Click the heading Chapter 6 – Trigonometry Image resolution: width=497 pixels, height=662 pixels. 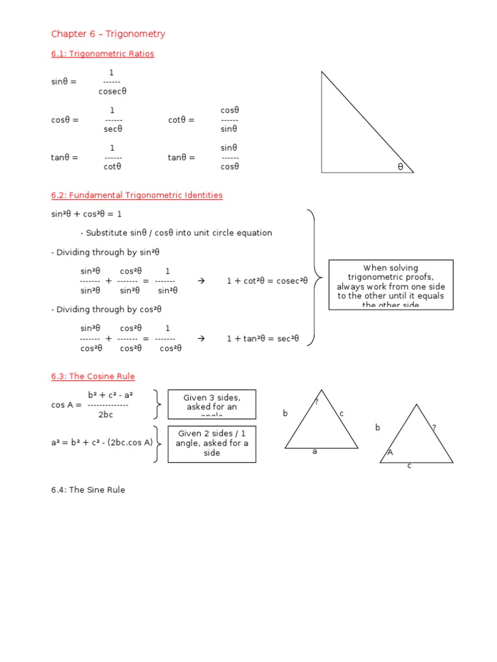tap(108, 34)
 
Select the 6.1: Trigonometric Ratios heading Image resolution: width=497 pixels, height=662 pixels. tap(102, 54)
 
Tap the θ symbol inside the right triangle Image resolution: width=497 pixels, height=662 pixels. tap(400, 167)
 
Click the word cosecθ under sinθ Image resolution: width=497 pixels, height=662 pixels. tap(113, 91)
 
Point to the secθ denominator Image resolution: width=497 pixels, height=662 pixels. tap(113, 129)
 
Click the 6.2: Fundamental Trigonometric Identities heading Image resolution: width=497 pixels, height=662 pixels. tap(137, 195)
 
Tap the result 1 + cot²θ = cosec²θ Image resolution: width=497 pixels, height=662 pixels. tap(267, 281)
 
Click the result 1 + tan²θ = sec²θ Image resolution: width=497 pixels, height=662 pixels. tap(263, 338)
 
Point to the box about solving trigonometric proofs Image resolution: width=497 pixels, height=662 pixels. tap(391, 285)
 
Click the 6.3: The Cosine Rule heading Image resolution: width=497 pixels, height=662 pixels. tap(93, 376)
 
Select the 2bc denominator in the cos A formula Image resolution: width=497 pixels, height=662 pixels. tap(105, 414)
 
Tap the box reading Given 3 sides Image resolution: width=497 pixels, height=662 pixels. tap(212, 403)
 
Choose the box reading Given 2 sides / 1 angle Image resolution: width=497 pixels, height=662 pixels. tap(212, 443)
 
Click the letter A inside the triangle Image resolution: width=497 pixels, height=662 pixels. tap(390, 453)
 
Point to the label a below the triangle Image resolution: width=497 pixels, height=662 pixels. tap(315, 452)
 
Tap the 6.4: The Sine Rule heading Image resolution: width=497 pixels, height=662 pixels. tap(88, 490)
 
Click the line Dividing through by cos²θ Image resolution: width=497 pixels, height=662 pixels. tap(106, 310)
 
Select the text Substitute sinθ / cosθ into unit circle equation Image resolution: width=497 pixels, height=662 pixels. tap(176, 233)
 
